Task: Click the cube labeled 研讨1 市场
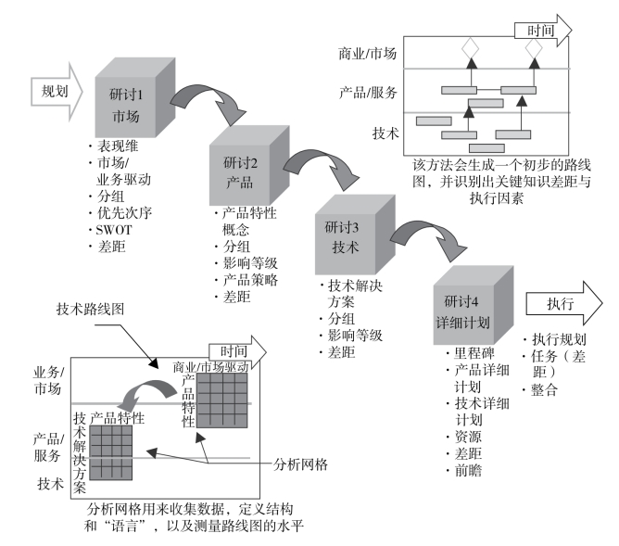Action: pos(135,97)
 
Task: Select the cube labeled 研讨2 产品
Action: pos(249,165)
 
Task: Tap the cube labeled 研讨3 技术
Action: pos(355,235)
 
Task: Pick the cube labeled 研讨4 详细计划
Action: pos(474,305)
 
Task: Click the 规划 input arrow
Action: pos(57,92)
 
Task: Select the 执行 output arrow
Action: pos(564,304)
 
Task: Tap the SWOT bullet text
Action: pos(114,230)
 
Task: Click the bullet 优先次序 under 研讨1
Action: pos(124,213)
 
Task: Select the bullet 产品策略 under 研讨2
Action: pos(250,280)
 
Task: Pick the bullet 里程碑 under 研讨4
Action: pos(474,353)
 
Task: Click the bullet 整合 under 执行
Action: pos(544,390)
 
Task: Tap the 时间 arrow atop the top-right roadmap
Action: pos(543,31)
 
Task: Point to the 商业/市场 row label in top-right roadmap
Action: pos(367,53)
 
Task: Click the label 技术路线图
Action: pos(90,309)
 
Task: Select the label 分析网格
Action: pos(300,464)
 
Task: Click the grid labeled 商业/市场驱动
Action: pos(222,400)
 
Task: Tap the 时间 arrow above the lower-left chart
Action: pos(237,351)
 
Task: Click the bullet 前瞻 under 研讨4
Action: pos(468,471)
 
